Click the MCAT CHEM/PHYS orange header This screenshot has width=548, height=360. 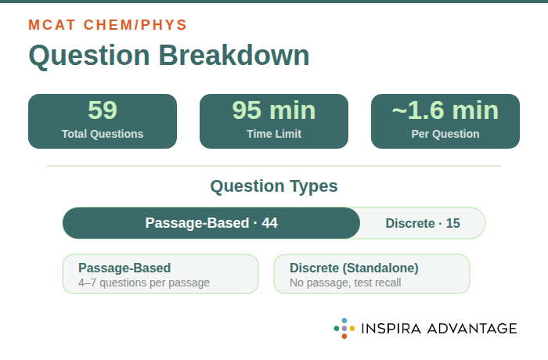[x=107, y=25]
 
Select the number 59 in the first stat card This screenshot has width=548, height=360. [x=103, y=110]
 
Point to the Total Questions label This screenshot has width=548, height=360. [x=103, y=134]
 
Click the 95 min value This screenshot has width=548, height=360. [x=274, y=110]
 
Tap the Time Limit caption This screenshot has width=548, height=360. [x=274, y=134]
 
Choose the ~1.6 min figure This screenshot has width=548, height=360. [x=445, y=110]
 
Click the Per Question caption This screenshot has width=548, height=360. [x=445, y=134]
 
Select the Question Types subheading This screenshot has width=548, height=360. [x=274, y=186]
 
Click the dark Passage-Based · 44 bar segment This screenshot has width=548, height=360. [x=211, y=223]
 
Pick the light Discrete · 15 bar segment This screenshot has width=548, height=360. [x=423, y=223]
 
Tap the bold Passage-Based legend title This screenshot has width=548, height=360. [x=124, y=268]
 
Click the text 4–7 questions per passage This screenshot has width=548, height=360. [x=144, y=283]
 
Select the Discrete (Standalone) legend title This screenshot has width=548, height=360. [x=354, y=268]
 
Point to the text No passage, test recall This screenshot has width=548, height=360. [x=345, y=283]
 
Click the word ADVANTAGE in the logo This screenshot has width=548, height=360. [x=474, y=329]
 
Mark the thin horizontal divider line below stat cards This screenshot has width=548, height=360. [x=274, y=166]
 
